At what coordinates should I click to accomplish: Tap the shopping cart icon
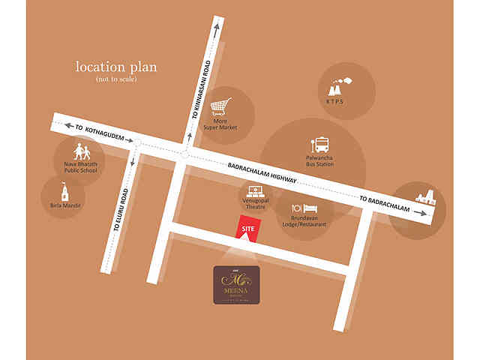[x=222, y=106]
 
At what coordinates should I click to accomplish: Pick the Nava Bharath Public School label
[x=80, y=167]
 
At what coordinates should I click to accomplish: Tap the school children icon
[x=80, y=149]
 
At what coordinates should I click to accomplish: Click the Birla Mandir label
[x=61, y=205]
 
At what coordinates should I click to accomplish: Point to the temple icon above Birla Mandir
[x=61, y=189]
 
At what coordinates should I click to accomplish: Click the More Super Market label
[x=220, y=124]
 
